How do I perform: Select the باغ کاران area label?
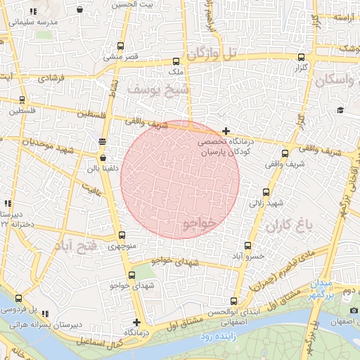[288, 226]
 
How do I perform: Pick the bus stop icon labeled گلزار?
[302, 58]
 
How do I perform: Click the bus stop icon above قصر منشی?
[120, 46]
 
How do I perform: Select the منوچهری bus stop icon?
[122, 236]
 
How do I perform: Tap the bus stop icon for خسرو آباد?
[247, 245]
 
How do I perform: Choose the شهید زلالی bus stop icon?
[266, 192]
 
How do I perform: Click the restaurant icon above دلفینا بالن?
[103, 141]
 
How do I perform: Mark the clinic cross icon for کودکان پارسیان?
[226, 131]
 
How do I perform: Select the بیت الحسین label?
[130, 4]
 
